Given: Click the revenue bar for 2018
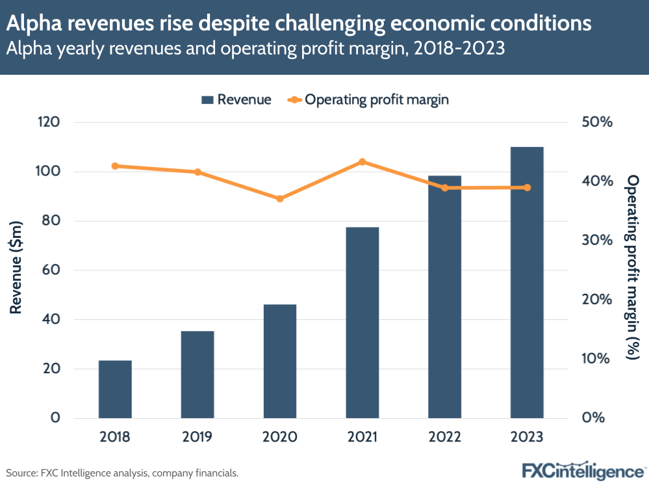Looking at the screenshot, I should point(115,389).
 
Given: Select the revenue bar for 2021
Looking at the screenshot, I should point(362,322).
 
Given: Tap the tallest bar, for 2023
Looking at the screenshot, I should point(527,282).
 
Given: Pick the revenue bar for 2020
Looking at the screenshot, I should point(280,361).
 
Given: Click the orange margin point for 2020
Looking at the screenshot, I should point(280,199).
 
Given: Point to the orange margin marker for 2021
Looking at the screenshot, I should point(363,162).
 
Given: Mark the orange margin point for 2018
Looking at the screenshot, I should point(115,166).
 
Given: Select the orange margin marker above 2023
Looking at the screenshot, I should point(527,188).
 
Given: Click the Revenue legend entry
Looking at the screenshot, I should point(236,99).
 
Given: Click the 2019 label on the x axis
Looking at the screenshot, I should point(197,436).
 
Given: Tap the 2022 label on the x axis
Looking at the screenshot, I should point(444,436).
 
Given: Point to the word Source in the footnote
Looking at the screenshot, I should point(21,473).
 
